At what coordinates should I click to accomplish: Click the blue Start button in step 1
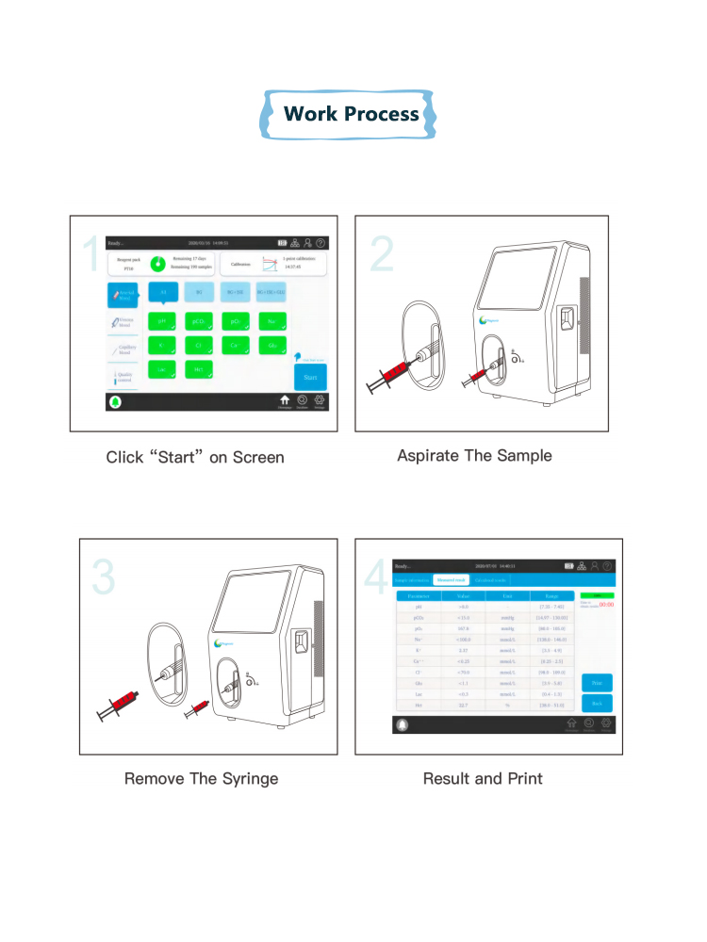310,376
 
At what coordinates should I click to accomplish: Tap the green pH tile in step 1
162,321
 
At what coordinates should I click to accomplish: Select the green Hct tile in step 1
199,370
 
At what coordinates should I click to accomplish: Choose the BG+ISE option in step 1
235,293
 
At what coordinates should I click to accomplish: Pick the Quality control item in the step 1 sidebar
123,377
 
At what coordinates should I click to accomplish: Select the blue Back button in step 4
597,703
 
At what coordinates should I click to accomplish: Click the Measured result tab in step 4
452,580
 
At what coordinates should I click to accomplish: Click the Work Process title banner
351,115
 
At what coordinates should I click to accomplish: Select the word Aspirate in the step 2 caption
428,456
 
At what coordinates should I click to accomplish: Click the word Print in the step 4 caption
524,779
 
